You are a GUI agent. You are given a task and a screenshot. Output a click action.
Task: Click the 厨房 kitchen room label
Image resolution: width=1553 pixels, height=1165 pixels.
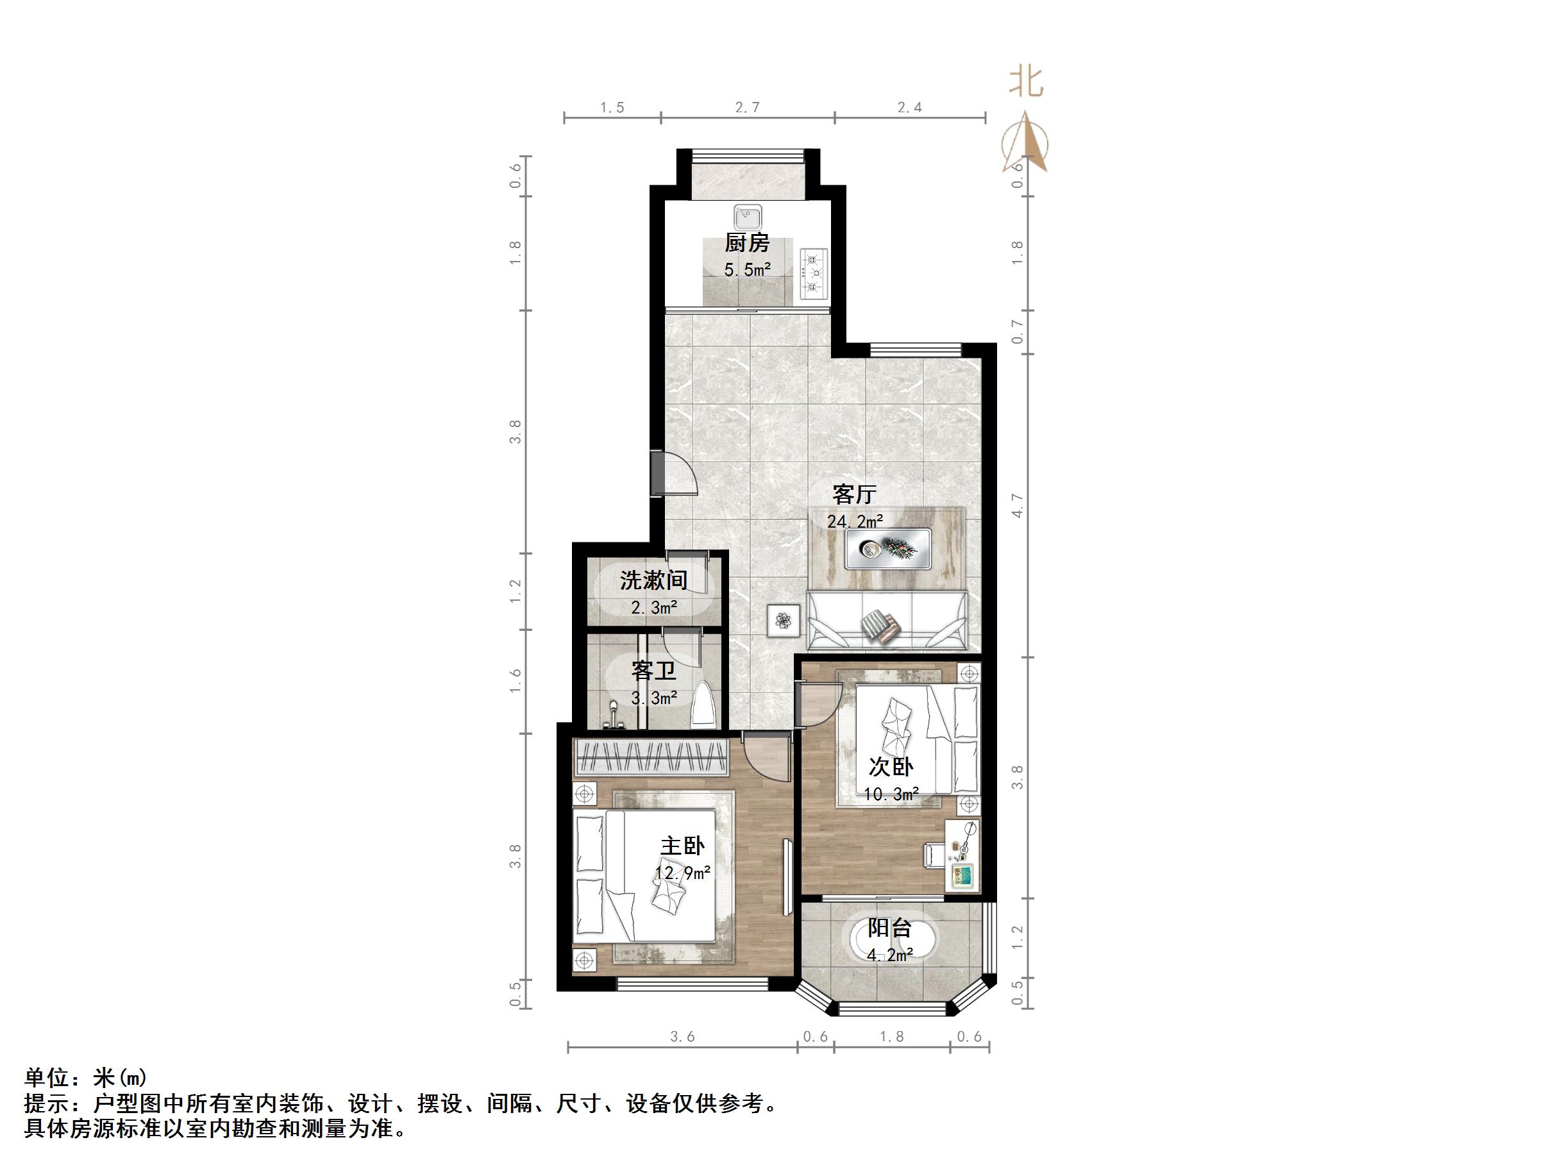click(x=747, y=243)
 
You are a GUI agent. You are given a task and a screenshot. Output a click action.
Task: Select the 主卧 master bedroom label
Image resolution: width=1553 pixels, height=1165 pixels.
click(x=682, y=846)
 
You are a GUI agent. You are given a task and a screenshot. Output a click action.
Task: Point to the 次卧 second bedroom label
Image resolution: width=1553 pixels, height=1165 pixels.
click(x=891, y=766)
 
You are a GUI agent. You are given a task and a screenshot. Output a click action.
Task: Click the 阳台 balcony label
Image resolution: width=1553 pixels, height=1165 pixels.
click(x=889, y=928)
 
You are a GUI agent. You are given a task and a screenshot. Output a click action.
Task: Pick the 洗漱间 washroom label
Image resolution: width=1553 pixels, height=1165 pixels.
click(x=653, y=580)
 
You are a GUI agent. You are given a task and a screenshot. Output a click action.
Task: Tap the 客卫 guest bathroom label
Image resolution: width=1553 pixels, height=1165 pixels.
click(x=653, y=671)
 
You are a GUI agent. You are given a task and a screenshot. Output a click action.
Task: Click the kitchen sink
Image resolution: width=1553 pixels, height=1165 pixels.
click(x=748, y=217)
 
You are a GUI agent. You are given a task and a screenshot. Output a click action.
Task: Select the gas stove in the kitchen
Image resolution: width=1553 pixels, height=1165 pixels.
click(x=814, y=274)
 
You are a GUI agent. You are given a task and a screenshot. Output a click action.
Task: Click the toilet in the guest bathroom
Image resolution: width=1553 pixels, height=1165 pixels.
click(x=704, y=705)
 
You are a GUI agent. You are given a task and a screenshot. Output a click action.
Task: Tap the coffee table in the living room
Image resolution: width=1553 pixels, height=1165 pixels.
click(x=888, y=548)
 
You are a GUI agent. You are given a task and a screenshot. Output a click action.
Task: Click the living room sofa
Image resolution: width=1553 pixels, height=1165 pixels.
click(x=886, y=621)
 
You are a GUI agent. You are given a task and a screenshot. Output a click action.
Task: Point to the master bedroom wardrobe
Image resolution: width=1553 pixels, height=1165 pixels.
click(x=651, y=757)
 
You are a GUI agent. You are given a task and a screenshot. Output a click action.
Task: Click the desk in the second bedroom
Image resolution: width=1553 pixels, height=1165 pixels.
click(x=961, y=855)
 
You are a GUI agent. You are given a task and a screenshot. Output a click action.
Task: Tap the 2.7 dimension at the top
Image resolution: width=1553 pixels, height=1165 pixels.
click(x=747, y=108)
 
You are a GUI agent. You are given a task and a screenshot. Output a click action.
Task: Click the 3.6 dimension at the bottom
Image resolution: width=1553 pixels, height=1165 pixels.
click(x=682, y=1037)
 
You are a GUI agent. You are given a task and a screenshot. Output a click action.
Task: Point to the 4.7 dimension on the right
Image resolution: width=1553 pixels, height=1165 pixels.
click(x=1018, y=506)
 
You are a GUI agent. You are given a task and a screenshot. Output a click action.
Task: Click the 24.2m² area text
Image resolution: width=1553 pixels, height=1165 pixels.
click(x=855, y=522)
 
